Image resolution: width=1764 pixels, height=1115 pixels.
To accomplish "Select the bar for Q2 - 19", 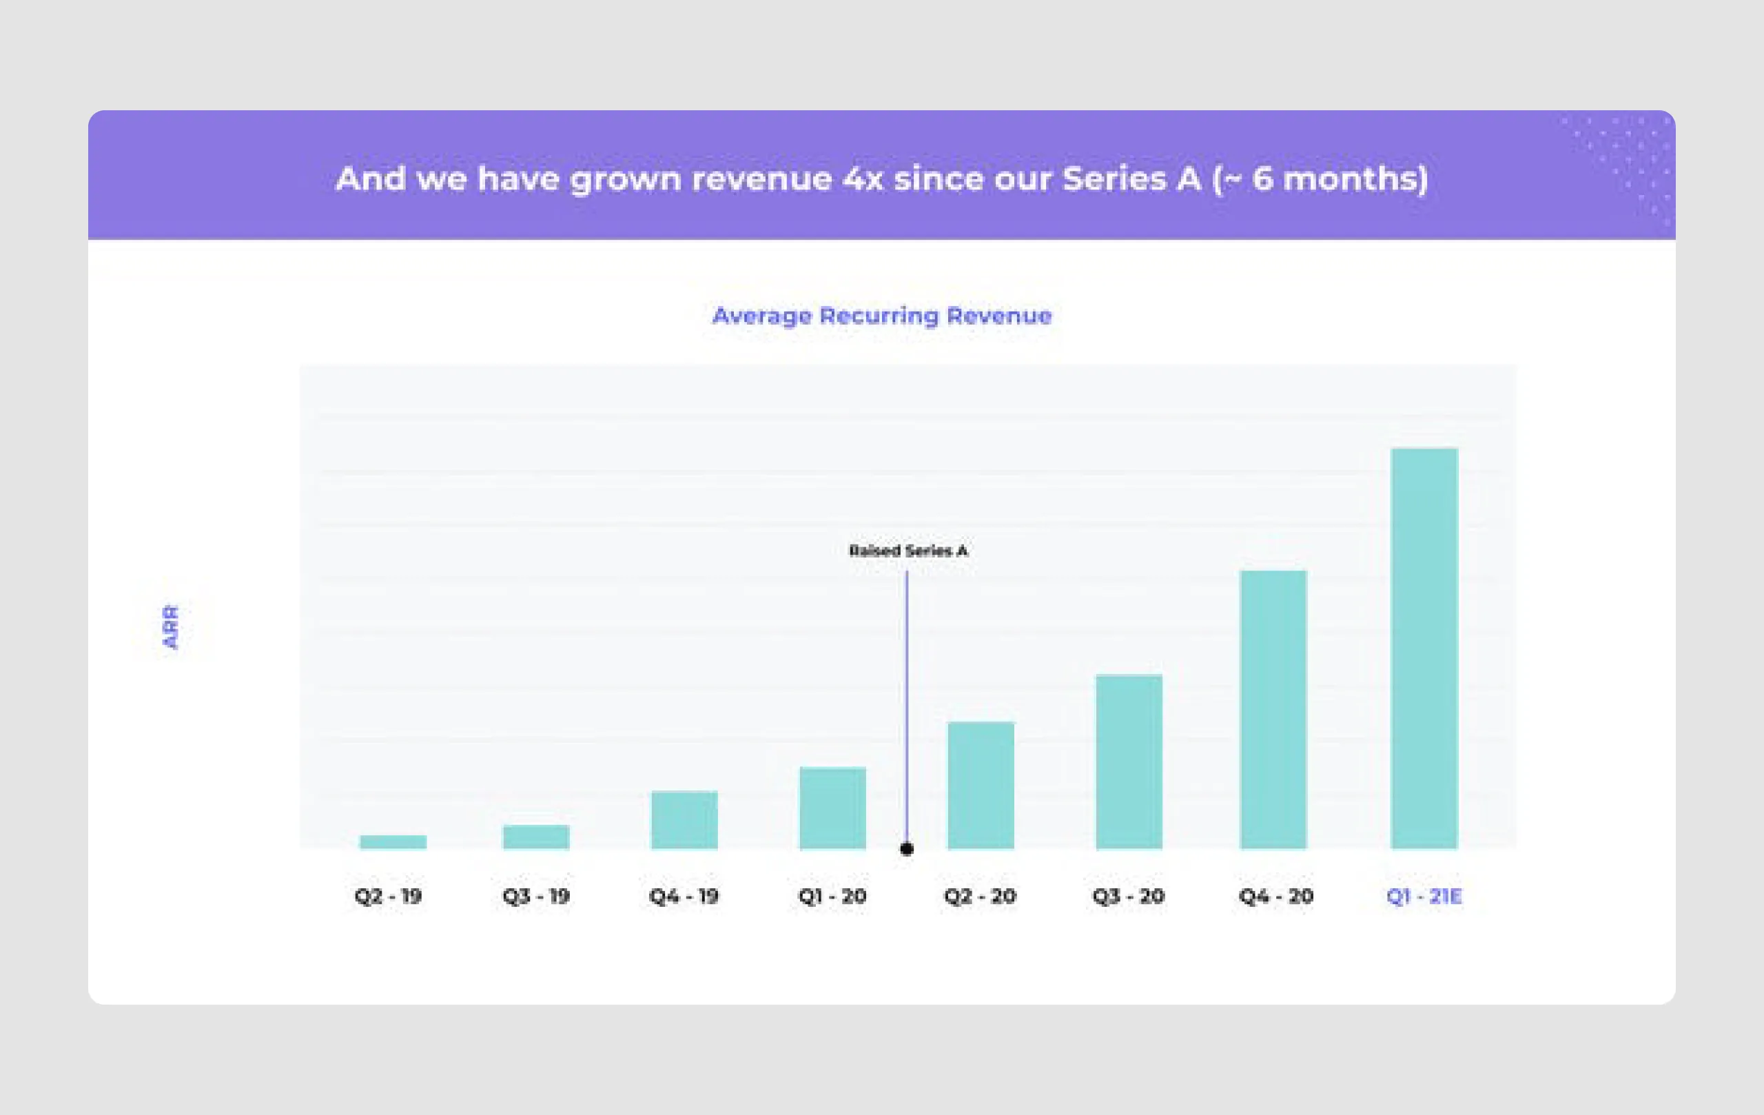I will pos(393,841).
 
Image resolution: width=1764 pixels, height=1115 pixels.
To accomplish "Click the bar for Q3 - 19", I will pos(535,837).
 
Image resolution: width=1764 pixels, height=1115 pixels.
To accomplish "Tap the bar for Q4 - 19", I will pos(684,820).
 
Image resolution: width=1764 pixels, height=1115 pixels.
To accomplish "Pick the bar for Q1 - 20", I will pos(832,808).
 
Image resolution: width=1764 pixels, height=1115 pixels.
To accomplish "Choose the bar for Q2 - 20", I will pos(981,786).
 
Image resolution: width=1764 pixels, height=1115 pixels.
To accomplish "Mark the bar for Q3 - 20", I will pos(1129,762).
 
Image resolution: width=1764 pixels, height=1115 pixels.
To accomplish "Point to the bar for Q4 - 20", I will pos(1273,709).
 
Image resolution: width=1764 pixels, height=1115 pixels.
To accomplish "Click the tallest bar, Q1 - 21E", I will pos(1424,648).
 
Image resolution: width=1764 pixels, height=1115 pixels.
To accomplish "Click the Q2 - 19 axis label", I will pos(388,896).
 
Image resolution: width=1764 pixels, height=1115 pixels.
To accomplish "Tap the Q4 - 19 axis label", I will pos(684,896).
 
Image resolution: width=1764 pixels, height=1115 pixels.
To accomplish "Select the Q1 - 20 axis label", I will pos(832,896).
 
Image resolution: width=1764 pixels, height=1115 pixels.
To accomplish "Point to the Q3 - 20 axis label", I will pos(1128,896).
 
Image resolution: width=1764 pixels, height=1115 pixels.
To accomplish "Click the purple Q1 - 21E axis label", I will pos(1424,896).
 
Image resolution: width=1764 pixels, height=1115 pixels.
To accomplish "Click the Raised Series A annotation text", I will pos(908,551).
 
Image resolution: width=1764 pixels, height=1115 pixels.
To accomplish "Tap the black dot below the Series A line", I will pos(907,849).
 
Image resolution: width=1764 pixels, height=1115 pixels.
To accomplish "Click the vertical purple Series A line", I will pos(907,704).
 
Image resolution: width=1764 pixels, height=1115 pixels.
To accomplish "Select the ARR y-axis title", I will pos(170,627).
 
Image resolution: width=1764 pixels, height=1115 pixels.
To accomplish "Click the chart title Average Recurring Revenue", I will pos(882,316).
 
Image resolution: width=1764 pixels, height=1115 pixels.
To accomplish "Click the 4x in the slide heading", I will pos(863,178).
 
